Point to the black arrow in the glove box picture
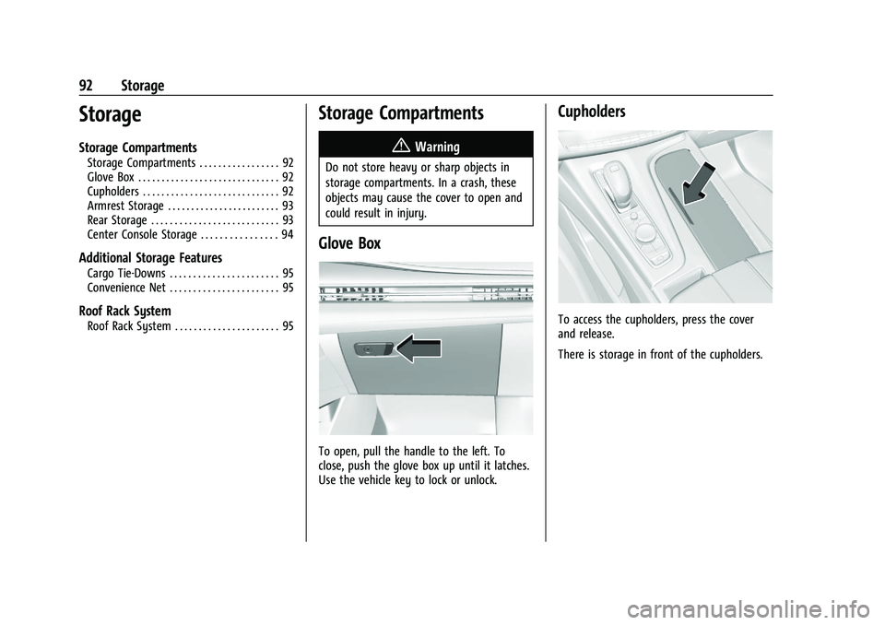420,348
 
